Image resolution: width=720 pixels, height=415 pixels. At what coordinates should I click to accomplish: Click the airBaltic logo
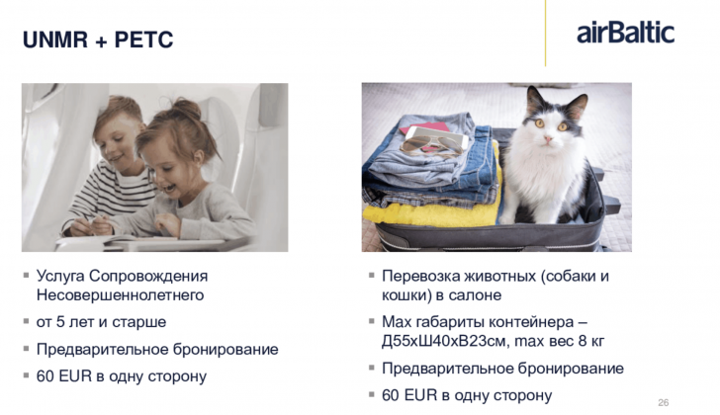[x=625, y=33]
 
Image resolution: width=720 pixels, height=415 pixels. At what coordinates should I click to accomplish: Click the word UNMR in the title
[x=55, y=40]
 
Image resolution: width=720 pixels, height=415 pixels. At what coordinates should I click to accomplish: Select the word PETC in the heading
[x=143, y=40]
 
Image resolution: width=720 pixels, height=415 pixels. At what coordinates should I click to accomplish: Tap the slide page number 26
[x=663, y=402]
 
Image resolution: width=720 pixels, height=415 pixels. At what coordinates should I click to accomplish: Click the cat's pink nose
[x=548, y=138]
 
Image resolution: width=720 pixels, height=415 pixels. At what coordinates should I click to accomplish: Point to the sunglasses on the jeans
[x=431, y=146]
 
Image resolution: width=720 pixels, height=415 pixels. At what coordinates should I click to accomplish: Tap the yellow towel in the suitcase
[x=431, y=211]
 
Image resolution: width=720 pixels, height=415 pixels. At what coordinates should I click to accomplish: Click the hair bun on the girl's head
[x=186, y=109]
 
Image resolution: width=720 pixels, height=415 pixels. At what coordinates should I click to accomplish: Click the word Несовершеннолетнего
[x=120, y=294]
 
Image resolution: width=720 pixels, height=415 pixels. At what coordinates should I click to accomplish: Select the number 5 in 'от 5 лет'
[x=59, y=322]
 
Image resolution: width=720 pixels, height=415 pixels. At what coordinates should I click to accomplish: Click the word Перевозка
[x=421, y=277]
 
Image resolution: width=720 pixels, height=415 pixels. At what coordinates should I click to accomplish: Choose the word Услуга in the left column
[x=60, y=276]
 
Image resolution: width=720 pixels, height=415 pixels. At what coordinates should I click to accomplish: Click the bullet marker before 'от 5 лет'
[x=26, y=321]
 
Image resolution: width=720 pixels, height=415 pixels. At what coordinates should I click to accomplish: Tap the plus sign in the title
[x=101, y=41]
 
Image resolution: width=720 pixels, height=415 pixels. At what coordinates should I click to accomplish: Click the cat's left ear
[x=534, y=100]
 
